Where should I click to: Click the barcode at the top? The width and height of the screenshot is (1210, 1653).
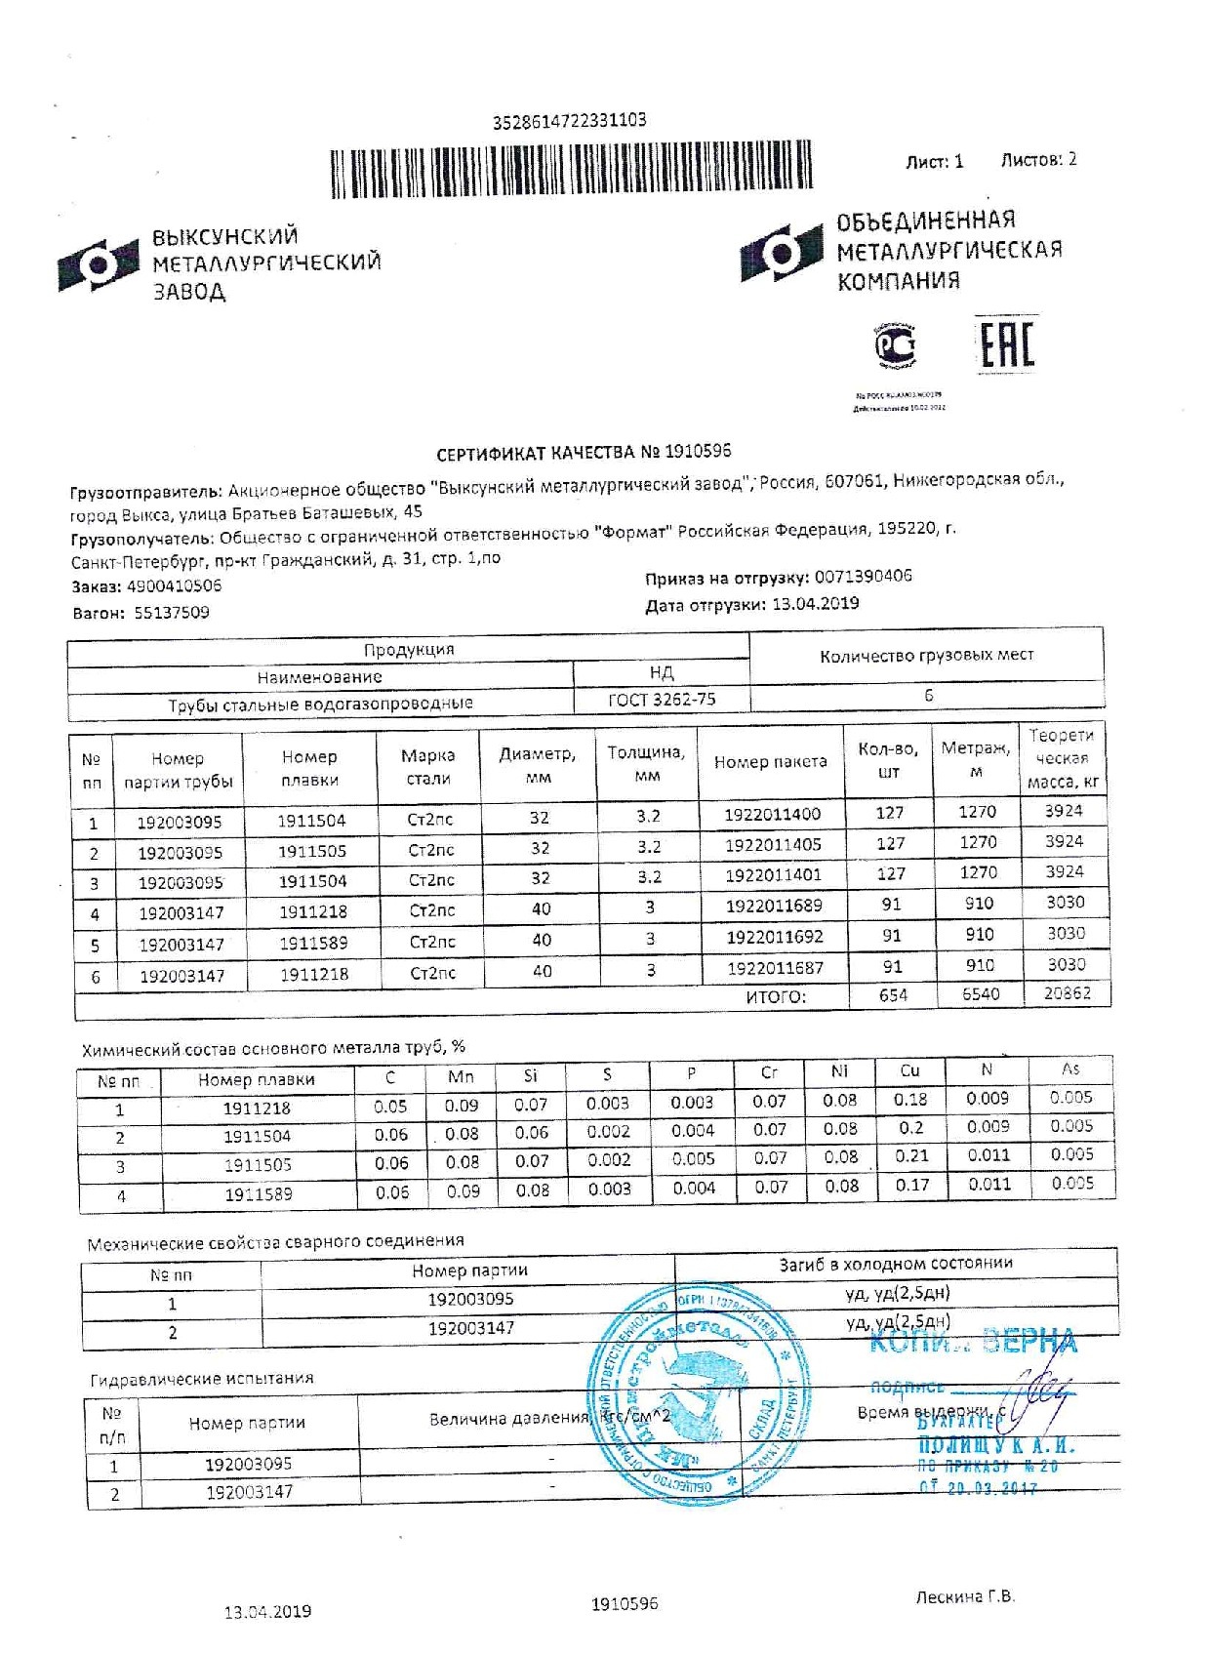click(571, 173)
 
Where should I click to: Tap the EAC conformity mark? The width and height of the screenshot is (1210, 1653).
click(1005, 343)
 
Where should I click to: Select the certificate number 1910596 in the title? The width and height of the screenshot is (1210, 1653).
click(698, 452)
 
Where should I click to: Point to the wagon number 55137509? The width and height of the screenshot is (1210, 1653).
click(172, 613)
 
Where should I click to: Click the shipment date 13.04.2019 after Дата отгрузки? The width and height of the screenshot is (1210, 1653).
click(815, 604)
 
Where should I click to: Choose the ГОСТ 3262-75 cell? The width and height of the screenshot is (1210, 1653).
click(662, 699)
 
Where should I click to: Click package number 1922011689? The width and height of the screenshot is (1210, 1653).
click(773, 906)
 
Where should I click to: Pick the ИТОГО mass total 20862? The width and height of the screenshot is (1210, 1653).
click(1067, 994)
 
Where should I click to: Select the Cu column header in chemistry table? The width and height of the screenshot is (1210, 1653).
click(909, 1071)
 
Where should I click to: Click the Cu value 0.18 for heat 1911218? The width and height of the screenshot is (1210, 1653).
click(910, 1100)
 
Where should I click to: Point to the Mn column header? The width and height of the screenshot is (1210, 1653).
click(461, 1077)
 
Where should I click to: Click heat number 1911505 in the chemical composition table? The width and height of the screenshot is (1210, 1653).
click(258, 1165)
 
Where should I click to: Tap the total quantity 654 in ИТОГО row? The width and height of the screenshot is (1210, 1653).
click(892, 995)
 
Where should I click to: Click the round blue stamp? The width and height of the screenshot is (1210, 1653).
click(697, 1392)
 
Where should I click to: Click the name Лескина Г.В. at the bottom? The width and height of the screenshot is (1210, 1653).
click(964, 1597)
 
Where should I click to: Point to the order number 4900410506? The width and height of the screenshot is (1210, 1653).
click(175, 586)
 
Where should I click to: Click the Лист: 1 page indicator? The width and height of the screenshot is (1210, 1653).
click(934, 162)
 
